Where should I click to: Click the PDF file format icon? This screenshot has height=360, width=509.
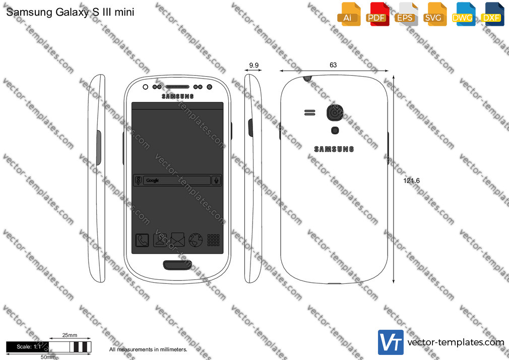click(x=377, y=14)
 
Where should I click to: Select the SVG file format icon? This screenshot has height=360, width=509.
click(x=434, y=14)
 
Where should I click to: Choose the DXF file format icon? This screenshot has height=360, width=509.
click(x=492, y=14)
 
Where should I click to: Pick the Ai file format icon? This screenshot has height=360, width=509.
click(x=349, y=14)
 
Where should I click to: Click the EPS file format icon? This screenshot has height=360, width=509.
click(x=406, y=14)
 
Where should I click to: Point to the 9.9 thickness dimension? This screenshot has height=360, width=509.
click(x=254, y=66)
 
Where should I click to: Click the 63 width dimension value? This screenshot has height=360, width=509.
click(x=333, y=65)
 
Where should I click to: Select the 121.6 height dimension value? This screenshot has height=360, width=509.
click(x=411, y=181)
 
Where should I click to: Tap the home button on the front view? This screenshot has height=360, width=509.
click(x=177, y=265)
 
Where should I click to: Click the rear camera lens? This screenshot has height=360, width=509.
click(x=335, y=112)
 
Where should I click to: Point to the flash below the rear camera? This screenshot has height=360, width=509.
click(x=335, y=130)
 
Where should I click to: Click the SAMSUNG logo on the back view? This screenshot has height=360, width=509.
click(x=334, y=149)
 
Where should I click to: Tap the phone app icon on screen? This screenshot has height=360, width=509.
click(x=142, y=241)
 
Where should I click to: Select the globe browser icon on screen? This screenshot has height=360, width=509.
click(x=196, y=240)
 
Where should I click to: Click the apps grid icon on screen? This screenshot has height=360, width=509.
click(x=213, y=240)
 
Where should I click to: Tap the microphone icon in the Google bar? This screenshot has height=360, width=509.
click(x=216, y=181)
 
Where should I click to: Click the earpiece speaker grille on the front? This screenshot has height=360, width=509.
click(x=177, y=87)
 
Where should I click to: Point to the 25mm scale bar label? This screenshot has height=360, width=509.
click(x=70, y=335)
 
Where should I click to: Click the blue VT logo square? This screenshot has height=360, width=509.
click(x=391, y=342)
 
